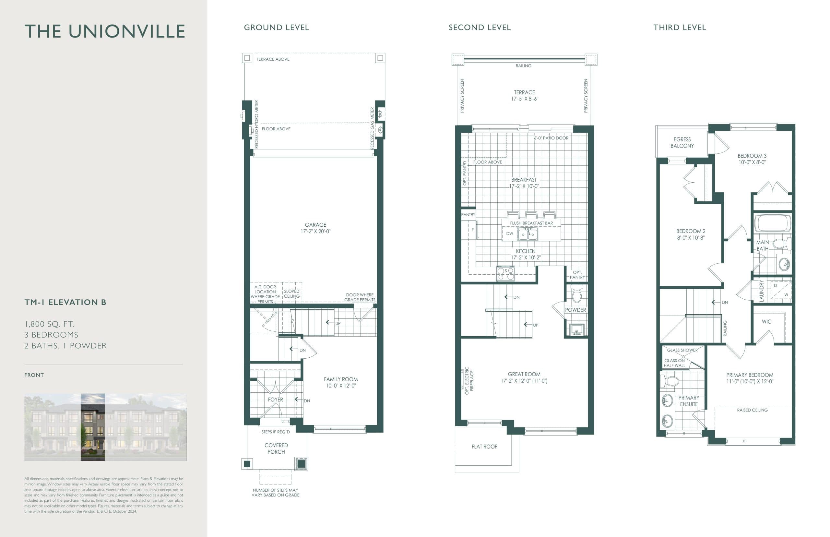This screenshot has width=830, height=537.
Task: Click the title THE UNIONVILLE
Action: pyautogui.click(x=105, y=31)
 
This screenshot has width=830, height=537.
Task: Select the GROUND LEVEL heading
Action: pyautogui.click(x=276, y=28)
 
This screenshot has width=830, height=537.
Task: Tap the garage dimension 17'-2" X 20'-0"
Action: pyautogui.click(x=315, y=231)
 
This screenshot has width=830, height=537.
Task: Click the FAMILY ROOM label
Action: pyautogui.click(x=340, y=379)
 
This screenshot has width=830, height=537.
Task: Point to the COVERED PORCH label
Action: pyautogui.click(x=276, y=448)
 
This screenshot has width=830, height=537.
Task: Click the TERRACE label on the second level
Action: pyautogui.click(x=524, y=92)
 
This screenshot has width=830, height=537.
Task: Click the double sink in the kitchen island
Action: pyautogui.click(x=528, y=234)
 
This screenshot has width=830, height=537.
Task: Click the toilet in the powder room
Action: pyautogui.click(x=576, y=295)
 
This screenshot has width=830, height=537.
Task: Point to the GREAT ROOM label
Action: pyautogui.click(x=524, y=374)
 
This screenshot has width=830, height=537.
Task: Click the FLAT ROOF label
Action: pyautogui.click(x=484, y=447)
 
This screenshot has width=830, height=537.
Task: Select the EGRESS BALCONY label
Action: pyautogui.click(x=682, y=143)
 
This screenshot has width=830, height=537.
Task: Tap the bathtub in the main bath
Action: pyautogui.click(x=773, y=223)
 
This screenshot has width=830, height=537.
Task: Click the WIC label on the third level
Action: pyautogui.click(x=766, y=321)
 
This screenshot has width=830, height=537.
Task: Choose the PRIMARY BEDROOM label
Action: pyautogui.click(x=750, y=375)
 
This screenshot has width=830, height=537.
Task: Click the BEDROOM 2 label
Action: pyautogui.click(x=691, y=231)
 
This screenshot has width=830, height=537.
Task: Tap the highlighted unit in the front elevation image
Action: pyautogui.click(x=92, y=427)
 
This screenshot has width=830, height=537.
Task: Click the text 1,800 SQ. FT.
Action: pyautogui.click(x=49, y=324)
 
